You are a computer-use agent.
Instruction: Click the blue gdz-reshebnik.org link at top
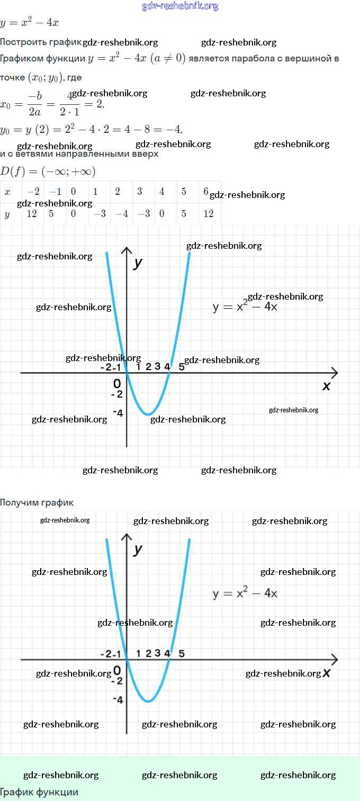180,6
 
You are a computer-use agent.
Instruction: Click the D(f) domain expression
48,172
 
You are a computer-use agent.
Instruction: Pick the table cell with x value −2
33,192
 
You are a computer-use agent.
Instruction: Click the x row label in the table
7,192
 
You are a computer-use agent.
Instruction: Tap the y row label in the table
7,214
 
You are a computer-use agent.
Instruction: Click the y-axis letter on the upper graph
138,263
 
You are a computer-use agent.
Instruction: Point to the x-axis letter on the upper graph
326,386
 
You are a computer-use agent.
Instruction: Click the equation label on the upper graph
245,307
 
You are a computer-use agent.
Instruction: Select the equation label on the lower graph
245,593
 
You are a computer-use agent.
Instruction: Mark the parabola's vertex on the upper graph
149,414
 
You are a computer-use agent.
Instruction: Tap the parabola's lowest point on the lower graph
149,701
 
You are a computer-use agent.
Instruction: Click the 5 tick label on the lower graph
182,653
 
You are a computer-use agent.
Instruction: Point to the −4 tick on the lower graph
118,700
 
